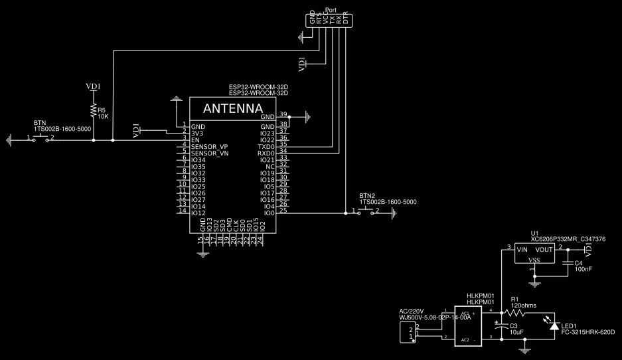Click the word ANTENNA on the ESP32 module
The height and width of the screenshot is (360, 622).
(x=232, y=108)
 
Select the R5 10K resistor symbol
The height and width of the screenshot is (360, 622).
(x=94, y=111)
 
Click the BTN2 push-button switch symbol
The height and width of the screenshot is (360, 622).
(x=365, y=212)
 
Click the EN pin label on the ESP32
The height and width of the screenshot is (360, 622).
(x=195, y=140)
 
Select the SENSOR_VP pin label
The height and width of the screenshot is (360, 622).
(x=209, y=146)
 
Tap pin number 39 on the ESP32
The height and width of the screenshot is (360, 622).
(x=283, y=114)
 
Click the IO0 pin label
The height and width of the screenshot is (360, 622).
(x=269, y=213)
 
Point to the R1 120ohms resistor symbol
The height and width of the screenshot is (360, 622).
(x=515, y=312)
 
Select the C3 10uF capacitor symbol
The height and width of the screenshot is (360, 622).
(x=503, y=325)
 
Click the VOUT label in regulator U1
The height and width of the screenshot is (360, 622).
(x=544, y=249)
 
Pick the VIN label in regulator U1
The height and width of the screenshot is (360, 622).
(x=522, y=249)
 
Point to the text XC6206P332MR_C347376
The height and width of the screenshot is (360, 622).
(x=568, y=238)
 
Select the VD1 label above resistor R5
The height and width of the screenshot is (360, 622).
(x=94, y=86)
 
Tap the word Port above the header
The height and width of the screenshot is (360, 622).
(x=331, y=11)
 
